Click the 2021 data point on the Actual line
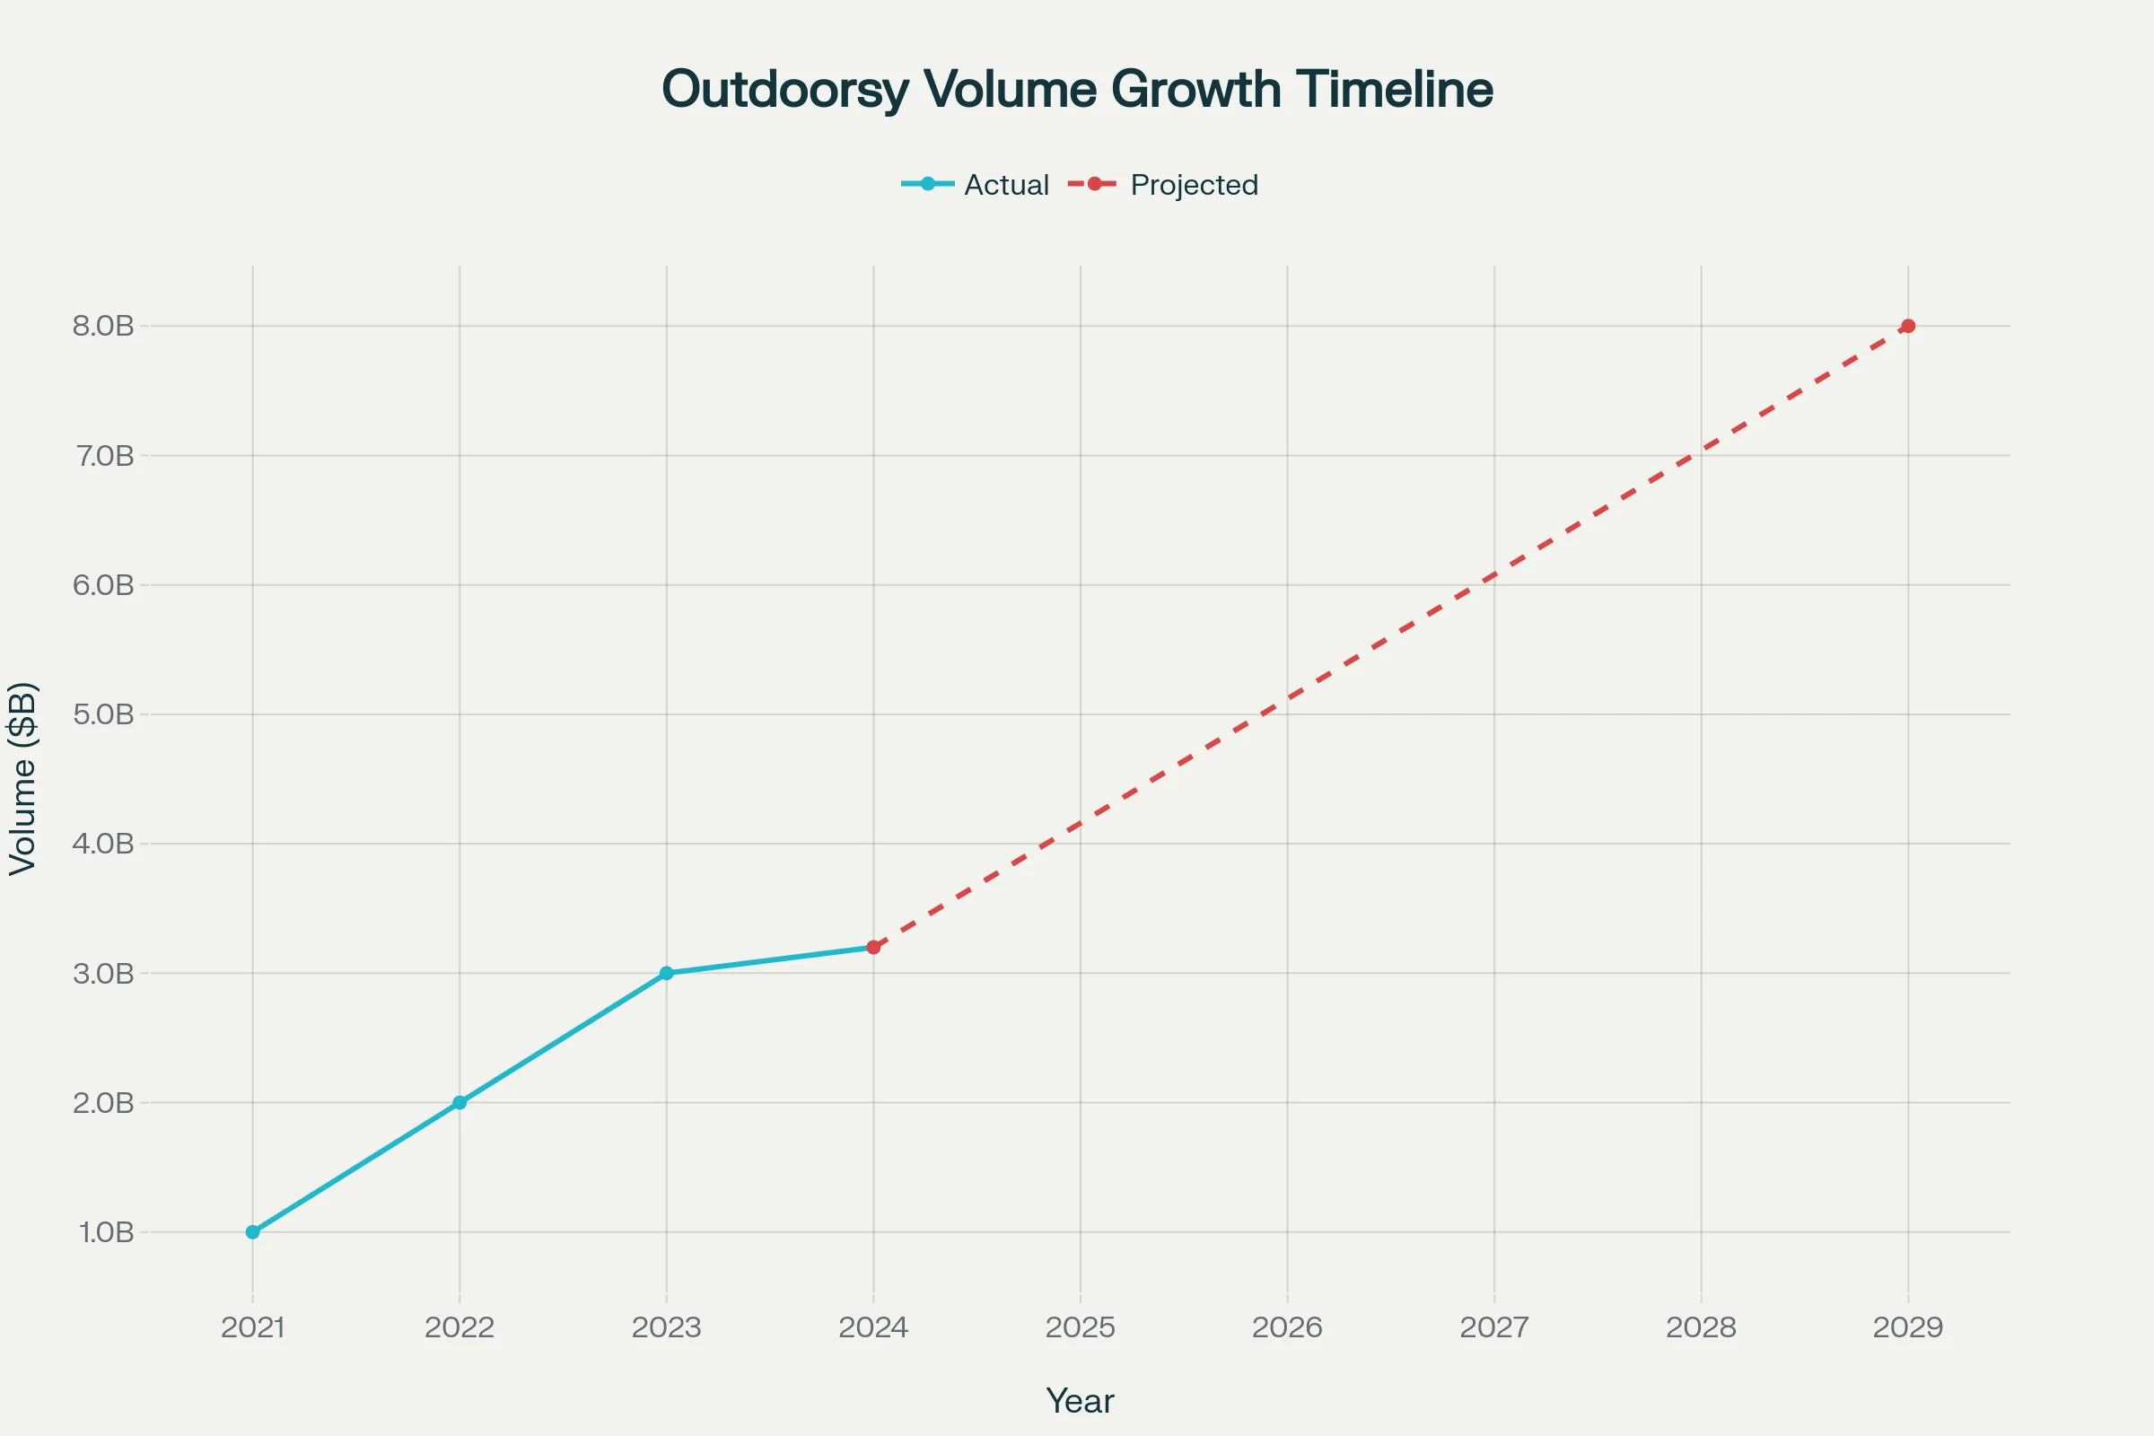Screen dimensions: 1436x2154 (x=253, y=1231)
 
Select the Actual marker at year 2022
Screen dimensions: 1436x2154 (x=460, y=1103)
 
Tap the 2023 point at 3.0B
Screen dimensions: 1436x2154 (x=667, y=973)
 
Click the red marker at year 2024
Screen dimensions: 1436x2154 (x=873, y=947)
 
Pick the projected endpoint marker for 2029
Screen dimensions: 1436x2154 (x=1908, y=326)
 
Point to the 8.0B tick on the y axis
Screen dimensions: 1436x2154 (x=103, y=326)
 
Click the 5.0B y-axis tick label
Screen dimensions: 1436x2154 (x=103, y=714)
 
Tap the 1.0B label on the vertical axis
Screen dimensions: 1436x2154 (x=106, y=1232)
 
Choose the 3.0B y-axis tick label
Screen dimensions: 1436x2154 (x=103, y=974)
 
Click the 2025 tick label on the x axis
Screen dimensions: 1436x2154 (x=1081, y=1328)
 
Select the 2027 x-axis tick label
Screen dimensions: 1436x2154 (x=1494, y=1328)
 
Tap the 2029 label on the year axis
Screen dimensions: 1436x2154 (x=1908, y=1328)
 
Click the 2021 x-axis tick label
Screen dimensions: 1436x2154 (x=253, y=1328)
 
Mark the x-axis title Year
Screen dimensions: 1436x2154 (x=1080, y=1401)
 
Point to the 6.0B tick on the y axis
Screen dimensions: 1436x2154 (x=103, y=585)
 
